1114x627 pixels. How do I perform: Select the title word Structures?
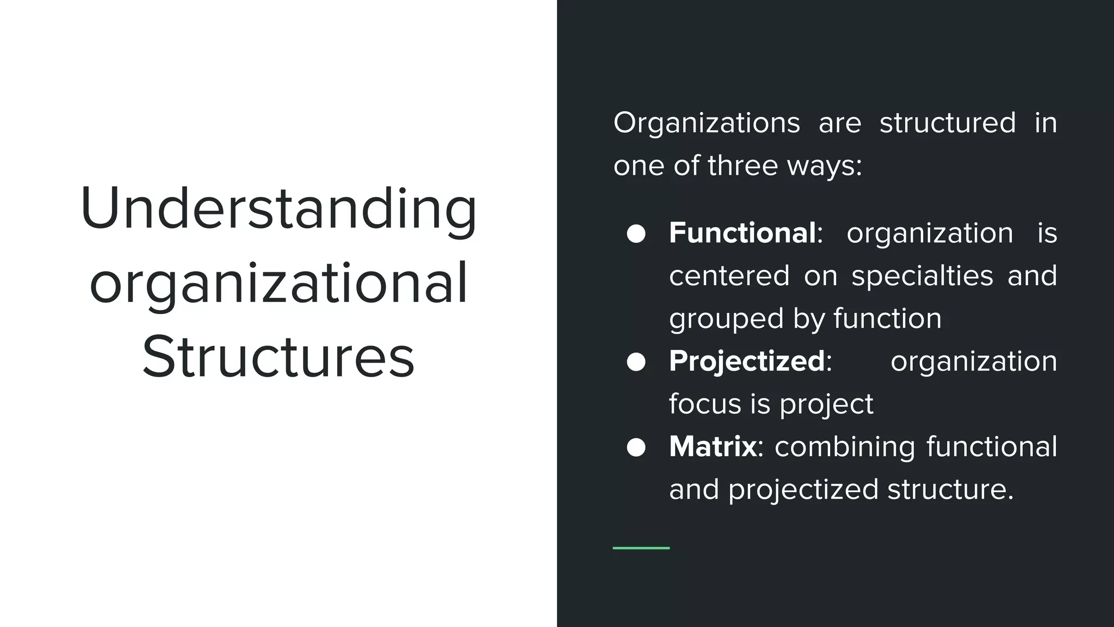point(278,357)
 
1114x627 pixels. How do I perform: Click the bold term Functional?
point(742,233)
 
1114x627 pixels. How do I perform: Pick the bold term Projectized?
point(747,361)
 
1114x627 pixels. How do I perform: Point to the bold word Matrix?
point(713,446)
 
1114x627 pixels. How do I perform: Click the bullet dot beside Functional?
point(636,234)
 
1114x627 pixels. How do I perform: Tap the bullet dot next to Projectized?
point(636,362)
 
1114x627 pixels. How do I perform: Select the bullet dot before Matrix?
point(636,447)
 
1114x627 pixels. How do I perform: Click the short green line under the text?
point(641,548)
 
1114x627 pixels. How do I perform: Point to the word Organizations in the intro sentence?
point(707,123)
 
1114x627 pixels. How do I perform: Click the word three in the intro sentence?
point(742,165)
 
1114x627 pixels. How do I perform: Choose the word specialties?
point(922,276)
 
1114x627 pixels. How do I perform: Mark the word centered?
point(729,276)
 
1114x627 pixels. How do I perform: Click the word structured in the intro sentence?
point(948,122)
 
